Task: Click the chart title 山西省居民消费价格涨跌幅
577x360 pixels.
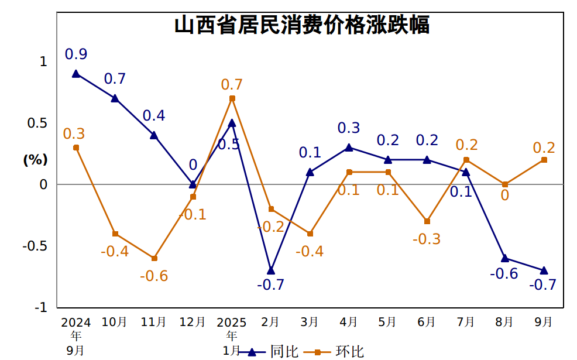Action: click(x=302, y=26)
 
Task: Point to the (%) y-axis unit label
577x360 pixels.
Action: click(x=35, y=159)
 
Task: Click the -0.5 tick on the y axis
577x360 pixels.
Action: click(x=35, y=246)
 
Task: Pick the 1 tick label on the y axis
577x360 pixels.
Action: click(x=43, y=61)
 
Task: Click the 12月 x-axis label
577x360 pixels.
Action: click(x=193, y=322)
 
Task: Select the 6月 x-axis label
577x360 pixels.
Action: click(x=427, y=322)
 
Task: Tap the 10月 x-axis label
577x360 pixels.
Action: click(x=115, y=322)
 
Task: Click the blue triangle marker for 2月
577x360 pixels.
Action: click(x=271, y=270)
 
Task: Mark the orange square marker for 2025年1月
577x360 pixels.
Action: click(x=232, y=98)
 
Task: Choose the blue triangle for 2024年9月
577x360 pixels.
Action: click(x=76, y=74)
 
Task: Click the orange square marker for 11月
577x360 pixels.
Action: click(x=154, y=258)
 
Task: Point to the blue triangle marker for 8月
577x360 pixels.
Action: click(x=505, y=258)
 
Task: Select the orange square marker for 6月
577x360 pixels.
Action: click(x=427, y=221)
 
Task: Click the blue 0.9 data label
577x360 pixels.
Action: click(x=76, y=54)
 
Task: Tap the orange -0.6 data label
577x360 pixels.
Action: click(x=154, y=276)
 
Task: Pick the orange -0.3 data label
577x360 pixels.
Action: click(x=427, y=239)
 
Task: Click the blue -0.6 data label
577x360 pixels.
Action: click(x=504, y=273)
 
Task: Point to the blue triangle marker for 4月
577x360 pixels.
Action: click(x=349, y=148)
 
